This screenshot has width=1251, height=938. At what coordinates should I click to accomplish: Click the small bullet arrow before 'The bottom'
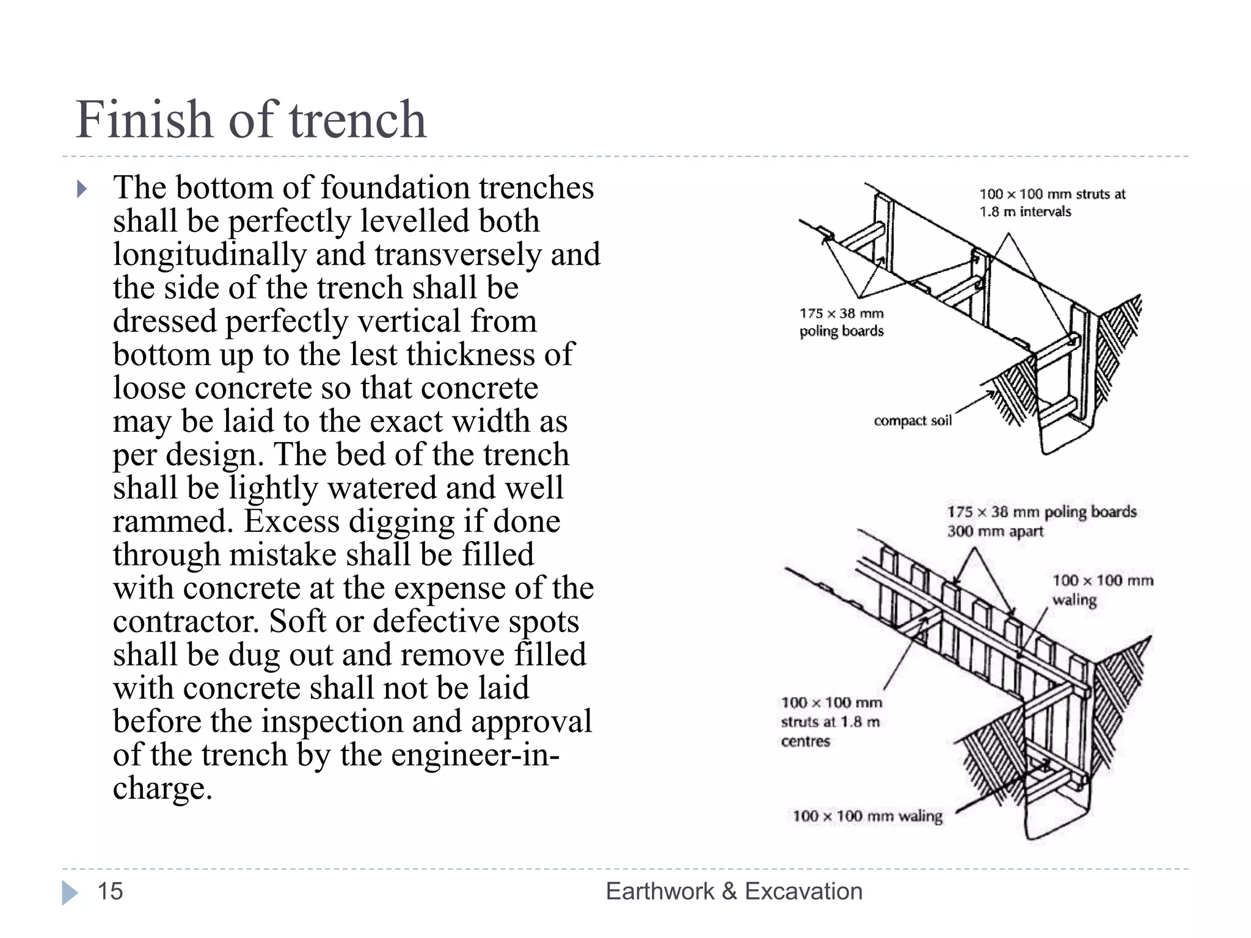(82, 189)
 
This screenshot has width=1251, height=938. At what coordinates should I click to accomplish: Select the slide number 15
(110, 891)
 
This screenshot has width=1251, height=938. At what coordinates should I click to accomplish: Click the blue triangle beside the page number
(70, 892)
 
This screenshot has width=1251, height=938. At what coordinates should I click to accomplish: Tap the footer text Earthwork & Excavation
(734, 891)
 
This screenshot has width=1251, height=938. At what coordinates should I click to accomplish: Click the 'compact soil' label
(913, 420)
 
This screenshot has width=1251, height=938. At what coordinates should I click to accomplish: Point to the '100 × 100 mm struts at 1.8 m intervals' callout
(1052, 203)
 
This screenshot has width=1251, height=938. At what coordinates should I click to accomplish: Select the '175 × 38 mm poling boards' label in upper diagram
(842, 322)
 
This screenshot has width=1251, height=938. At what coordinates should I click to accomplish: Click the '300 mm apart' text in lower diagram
(995, 531)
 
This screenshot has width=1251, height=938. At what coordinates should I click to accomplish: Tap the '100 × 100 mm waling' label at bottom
(867, 816)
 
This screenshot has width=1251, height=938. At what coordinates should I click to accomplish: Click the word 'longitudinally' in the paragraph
(210, 255)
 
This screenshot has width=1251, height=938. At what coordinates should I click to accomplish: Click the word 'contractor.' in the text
(186, 622)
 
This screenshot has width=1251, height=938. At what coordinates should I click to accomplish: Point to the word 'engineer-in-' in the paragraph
(475, 755)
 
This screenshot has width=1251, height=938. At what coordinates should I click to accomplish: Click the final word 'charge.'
(162, 788)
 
